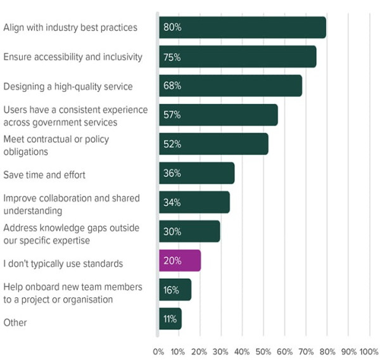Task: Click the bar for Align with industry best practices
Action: click(x=242, y=28)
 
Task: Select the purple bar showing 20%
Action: click(x=180, y=260)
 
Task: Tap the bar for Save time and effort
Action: click(x=196, y=173)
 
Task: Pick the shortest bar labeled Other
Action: click(x=170, y=319)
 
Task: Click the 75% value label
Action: click(x=172, y=57)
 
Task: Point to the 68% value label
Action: click(x=172, y=86)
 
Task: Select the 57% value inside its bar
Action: click(x=172, y=115)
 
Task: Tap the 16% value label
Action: click(x=172, y=290)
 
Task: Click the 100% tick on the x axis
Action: click(x=369, y=350)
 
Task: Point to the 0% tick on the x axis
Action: click(x=159, y=350)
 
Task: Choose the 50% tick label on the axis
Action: click(x=263, y=350)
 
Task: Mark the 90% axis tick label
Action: click(x=348, y=350)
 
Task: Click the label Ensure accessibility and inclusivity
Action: click(x=73, y=57)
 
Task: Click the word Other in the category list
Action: click(x=15, y=323)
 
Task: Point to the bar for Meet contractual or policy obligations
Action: click(x=213, y=144)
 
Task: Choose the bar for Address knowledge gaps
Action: click(x=189, y=231)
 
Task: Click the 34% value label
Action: click(x=172, y=203)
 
